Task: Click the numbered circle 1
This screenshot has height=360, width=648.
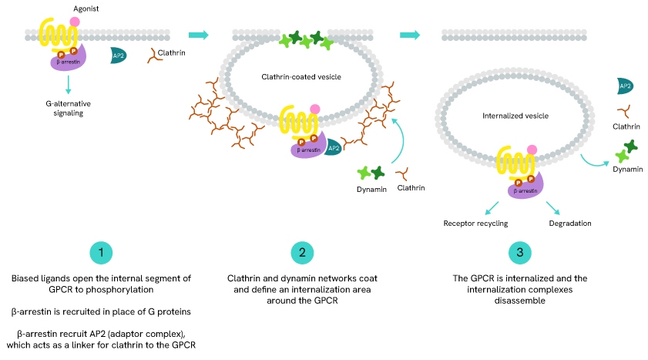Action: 102,253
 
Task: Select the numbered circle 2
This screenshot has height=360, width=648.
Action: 304,253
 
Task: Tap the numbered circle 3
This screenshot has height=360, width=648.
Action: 520,253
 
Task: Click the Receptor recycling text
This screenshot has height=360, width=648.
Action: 475,224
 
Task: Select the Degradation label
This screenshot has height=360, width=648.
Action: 570,224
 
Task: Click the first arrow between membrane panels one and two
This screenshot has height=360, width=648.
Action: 199,35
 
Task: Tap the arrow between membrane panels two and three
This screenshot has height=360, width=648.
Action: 409,35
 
